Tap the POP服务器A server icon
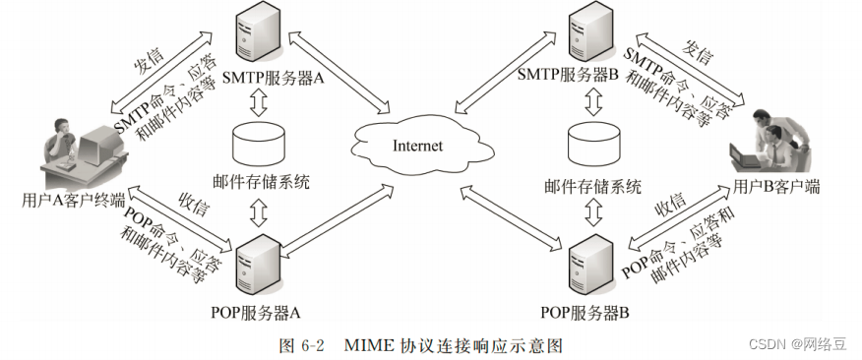point(257,269)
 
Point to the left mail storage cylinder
point(259,144)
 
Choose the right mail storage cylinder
point(592,144)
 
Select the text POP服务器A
point(256,312)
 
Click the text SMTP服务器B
point(569,76)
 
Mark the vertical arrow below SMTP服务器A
point(259,102)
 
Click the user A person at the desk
point(62,146)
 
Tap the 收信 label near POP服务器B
point(669,205)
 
